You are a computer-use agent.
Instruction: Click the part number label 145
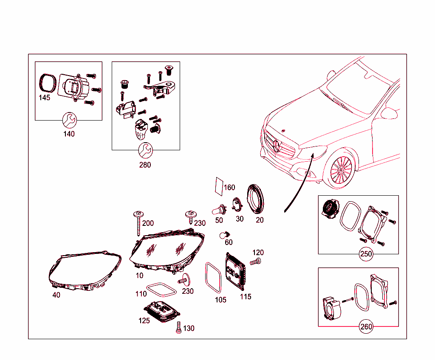tap(44, 98)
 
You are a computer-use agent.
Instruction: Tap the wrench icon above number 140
tap(69, 120)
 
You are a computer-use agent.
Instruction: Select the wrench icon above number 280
tap(145, 150)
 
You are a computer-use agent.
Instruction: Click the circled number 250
tap(366, 254)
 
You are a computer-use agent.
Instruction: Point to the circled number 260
tap(366, 326)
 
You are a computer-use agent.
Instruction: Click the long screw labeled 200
tap(138, 223)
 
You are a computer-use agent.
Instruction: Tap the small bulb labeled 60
tap(224, 235)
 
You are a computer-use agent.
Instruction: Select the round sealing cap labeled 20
tap(255, 199)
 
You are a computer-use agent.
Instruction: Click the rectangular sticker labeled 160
tap(219, 187)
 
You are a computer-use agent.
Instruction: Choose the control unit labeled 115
tap(235, 271)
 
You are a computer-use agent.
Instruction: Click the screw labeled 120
tap(255, 261)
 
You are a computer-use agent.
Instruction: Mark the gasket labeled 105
tap(213, 278)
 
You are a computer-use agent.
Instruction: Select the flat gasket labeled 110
tap(161, 290)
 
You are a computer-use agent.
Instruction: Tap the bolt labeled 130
tap(179, 327)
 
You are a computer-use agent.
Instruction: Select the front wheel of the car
tap(341, 169)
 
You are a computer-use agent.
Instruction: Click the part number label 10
tap(139, 276)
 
